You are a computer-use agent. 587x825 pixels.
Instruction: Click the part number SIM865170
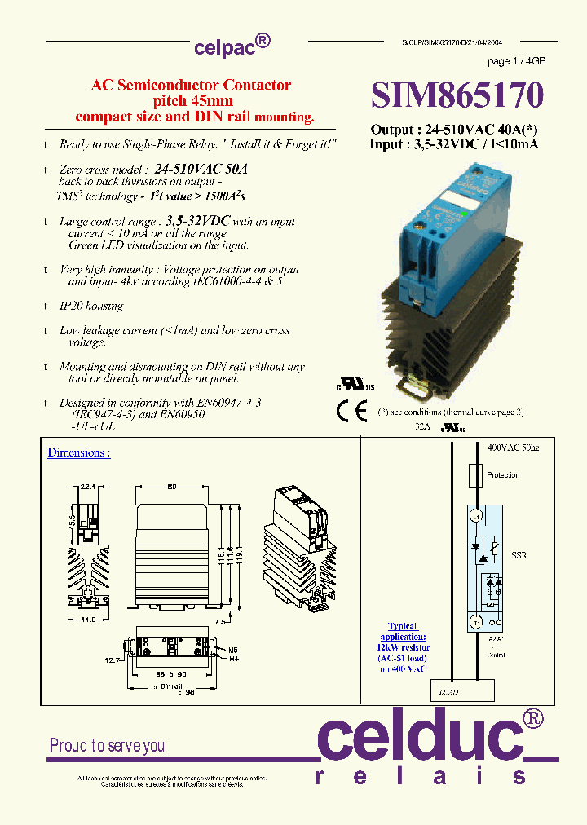pos(457,95)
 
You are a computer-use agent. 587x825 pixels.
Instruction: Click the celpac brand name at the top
pos(226,47)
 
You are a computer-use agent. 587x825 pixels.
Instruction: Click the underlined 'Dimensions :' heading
pos(78,452)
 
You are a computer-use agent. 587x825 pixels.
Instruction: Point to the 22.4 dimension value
pos(89,486)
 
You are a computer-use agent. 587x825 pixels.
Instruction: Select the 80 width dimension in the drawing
pos(172,487)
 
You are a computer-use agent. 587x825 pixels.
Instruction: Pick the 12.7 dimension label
pos(113,660)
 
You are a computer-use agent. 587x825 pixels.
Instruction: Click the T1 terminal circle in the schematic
pos(474,621)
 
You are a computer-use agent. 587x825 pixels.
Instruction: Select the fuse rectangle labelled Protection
pos(474,475)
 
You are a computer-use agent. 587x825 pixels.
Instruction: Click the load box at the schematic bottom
pos(462,690)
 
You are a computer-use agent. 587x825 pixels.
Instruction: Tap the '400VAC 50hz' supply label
pos(514,448)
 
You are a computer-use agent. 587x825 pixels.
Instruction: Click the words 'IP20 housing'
pos(91,307)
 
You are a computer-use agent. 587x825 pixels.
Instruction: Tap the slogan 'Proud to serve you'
pos(107,745)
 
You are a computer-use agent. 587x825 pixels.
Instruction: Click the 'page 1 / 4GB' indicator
pos(516,62)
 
